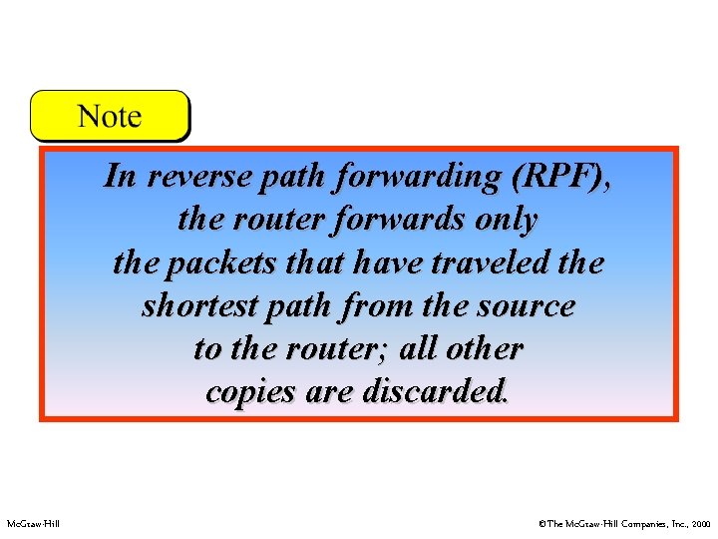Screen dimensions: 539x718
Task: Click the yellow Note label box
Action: tap(110, 116)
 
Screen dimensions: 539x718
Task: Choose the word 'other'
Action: tap(485, 348)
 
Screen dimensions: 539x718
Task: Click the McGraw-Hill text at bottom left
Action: tap(33, 523)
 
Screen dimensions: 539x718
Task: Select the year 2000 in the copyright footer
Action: tap(700, 523)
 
